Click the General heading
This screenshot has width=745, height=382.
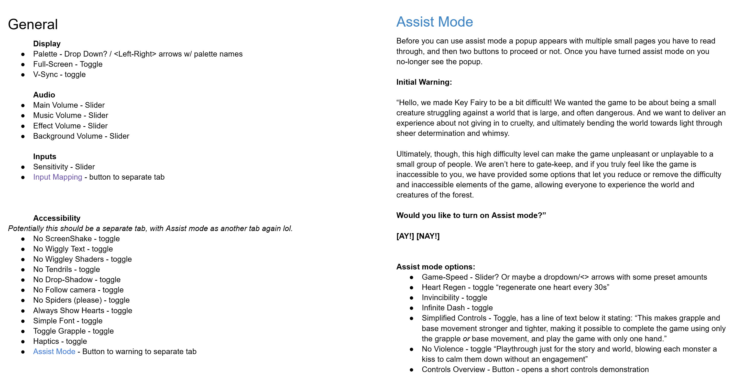[x=33, y=24]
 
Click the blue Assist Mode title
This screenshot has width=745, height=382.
[x=434, y=22]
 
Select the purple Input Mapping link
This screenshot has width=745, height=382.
[x=58, y=177]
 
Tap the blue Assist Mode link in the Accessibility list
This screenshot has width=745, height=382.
[x=54, y=351]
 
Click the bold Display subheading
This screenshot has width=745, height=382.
[x=47, y=44]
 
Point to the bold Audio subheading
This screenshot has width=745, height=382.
[x=44, y=95]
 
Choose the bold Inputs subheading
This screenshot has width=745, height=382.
[x=45, y=156]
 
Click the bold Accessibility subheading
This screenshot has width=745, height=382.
[x=57, y=218]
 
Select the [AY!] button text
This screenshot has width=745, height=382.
[x=405, y=236]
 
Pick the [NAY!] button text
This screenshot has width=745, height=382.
[x=428, y=236]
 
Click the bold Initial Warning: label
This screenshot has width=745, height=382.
[x=424, y=82]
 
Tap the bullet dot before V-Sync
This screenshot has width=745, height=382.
[x=23, y=75]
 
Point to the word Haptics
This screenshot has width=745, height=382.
[x=46, y=341]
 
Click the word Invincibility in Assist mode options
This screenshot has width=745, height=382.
[x=440, y=298]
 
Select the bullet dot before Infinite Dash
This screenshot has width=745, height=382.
[x=412, y=308]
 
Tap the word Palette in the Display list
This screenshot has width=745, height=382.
[x=45, y=54]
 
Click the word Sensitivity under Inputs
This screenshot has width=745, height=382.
[x=50, y=167]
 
